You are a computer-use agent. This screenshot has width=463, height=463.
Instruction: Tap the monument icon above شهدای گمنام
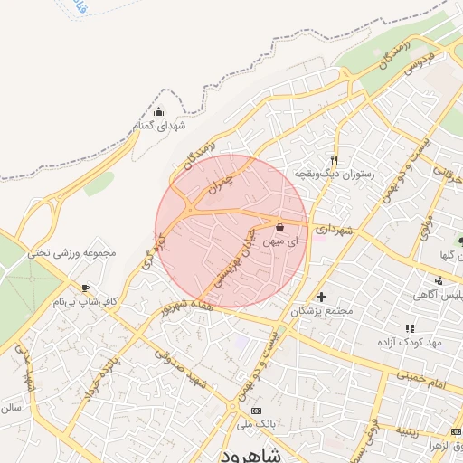tap(159, 112)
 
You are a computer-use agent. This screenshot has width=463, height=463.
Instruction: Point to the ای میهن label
tap(279, 241)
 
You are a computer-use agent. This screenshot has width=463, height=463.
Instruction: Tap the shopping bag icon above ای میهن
tap(279, 227)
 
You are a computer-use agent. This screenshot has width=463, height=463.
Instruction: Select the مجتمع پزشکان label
tap(321, 310)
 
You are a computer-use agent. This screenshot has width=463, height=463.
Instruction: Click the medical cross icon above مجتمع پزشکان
tap(321, 296)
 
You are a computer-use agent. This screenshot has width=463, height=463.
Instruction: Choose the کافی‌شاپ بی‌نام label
tap(86, 301)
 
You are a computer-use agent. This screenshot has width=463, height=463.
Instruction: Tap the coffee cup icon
tap(86, 288)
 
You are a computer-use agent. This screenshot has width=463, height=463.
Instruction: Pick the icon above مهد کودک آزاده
tap(410, 328)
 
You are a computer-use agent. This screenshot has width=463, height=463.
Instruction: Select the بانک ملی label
tap(257, 422)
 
